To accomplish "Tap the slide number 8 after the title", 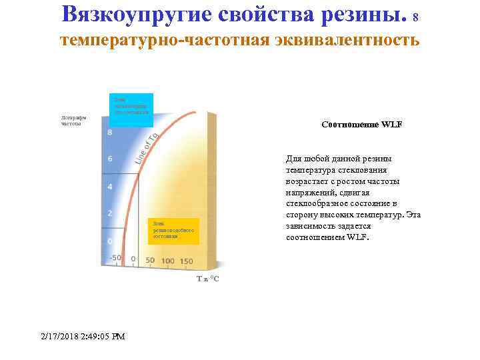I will (x=416, y=17).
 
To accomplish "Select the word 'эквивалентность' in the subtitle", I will (x=344, y=41).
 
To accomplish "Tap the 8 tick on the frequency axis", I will (x=110, y=132).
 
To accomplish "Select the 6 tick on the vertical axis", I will (x=110, y=159).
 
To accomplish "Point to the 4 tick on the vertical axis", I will (x=110, y=186).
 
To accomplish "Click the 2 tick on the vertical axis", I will (x=110, y=213).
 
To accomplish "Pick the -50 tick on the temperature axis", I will (x=115, y=257).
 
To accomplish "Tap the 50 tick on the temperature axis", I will (x=150, y=261).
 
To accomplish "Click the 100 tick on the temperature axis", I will (x=167, y=261).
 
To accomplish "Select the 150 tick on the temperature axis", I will (x=186, y=261).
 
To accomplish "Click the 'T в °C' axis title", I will (x=207, y=279).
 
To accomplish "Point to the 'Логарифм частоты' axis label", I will (x=71, y=120).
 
